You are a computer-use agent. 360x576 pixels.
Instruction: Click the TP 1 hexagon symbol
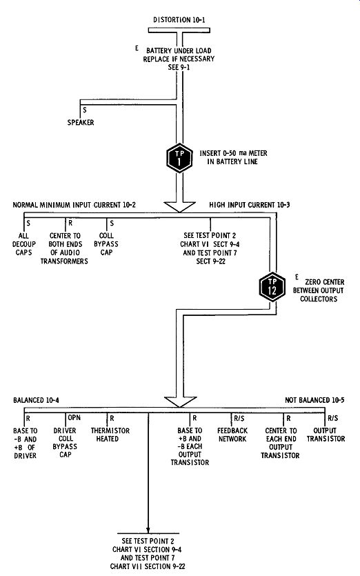click(179, 158)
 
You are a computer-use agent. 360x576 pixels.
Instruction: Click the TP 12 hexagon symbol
click(272, 287)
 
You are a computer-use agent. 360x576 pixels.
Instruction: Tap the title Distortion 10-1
click(179, 20)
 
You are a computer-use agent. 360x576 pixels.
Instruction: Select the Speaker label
click(81, 122)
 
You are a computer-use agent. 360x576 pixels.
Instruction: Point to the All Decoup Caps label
click(24, 244)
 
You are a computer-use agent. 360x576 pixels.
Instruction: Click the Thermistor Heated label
click(110, 434)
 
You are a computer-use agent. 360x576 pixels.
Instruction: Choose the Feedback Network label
click(232, 434)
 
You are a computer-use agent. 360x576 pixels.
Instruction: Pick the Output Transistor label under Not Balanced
click(326, 434)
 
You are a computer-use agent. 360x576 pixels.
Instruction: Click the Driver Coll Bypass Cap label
click(65, 442)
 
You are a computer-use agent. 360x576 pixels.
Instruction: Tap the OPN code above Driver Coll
click(74, 417)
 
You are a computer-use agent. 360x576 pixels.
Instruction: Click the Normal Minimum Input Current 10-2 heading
click(74, 205)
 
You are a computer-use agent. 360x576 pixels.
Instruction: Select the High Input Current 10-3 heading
click(250, 205)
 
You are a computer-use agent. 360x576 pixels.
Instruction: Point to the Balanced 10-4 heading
click(36, 400)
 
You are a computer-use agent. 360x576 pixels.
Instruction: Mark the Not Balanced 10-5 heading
click(314, 400)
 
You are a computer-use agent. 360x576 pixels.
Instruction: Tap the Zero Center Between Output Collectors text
click(319, 290)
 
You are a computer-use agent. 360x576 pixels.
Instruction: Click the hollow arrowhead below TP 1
click(179, 206)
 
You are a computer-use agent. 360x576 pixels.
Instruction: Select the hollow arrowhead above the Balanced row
click(179, 402)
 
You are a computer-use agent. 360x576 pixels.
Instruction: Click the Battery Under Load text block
click(179, 59)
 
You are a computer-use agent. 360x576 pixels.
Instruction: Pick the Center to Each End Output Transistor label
click(280, 443)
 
